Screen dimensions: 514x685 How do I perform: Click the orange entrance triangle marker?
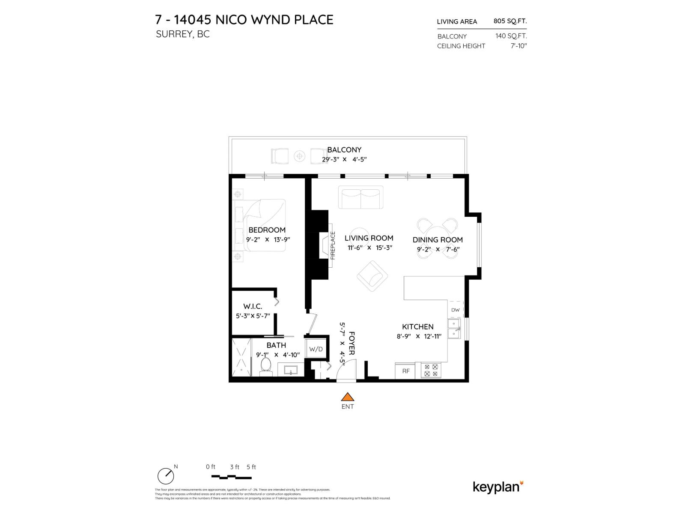point(348,397)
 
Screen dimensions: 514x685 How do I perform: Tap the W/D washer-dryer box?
point(316,349)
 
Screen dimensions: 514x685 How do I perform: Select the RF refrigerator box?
point(406,371)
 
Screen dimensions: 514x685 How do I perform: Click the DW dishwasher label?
point(456,310)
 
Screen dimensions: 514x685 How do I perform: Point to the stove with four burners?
point(431,371)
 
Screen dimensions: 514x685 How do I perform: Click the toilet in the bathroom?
point(266,367)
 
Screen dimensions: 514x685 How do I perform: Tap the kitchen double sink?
point(453,329)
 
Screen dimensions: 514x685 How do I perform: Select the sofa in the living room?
point(360,197)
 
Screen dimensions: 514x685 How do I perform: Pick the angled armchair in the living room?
point(372,276)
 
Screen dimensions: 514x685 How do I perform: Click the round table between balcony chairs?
point(300,156)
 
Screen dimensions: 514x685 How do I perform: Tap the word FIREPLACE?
point(333,245)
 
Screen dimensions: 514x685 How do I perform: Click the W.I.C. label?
point(252,306)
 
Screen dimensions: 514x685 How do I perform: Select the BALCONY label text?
point(344,150)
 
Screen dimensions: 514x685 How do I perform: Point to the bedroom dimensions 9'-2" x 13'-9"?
point(267,240)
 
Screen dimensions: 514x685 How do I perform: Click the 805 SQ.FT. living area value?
point(510,21)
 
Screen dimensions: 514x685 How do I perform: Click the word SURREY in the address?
point(174,34)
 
